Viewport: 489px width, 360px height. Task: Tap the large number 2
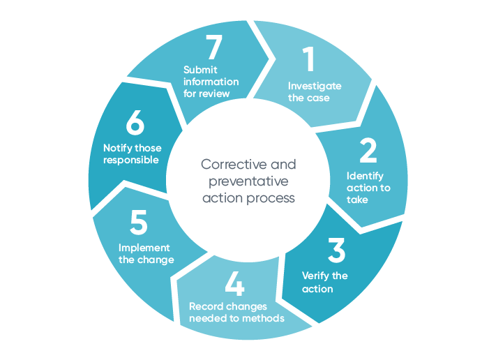coord(368,151)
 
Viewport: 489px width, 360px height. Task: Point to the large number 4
coord(235,283)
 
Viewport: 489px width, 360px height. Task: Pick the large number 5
coord(139,224)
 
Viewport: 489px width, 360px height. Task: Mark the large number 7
coord(213,48)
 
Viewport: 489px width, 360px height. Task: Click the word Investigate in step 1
coord(315,86)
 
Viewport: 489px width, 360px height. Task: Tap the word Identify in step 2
coord(365,177)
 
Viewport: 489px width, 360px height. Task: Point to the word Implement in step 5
coord(144,248)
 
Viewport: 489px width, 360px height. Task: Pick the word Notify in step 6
coord(119,148)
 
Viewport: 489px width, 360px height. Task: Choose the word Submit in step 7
coord(200,70)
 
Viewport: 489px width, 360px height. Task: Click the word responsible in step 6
coord(131,160)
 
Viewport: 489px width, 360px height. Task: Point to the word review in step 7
coord(223,93)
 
